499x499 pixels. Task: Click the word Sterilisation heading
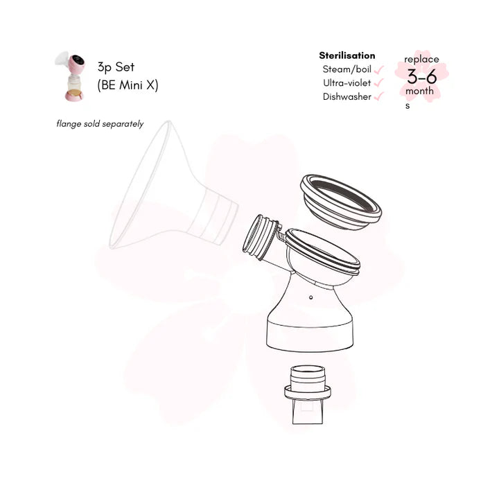[347, 55]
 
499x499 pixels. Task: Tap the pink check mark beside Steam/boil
[378, 70]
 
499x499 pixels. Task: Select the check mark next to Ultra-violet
[378, 82]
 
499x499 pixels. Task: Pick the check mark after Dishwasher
[378, 96]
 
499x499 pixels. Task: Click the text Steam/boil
[347, 69]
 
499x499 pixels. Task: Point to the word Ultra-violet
[347, 82]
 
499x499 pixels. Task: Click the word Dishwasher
[347, 96]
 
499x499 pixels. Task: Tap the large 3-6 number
[422, 77]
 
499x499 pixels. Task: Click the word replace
[421, 60]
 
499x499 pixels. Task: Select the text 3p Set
[116, 67]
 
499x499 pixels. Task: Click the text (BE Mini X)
[128, 85]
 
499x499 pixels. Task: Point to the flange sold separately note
[100, 124]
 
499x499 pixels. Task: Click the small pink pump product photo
[70, 76]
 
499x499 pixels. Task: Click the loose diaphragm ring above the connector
[341, 202]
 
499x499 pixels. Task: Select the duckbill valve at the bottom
[308, 394]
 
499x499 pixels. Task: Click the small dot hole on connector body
[310, 297]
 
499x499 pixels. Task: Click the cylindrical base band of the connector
[310, 335]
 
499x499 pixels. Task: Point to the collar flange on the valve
[308, 392]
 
